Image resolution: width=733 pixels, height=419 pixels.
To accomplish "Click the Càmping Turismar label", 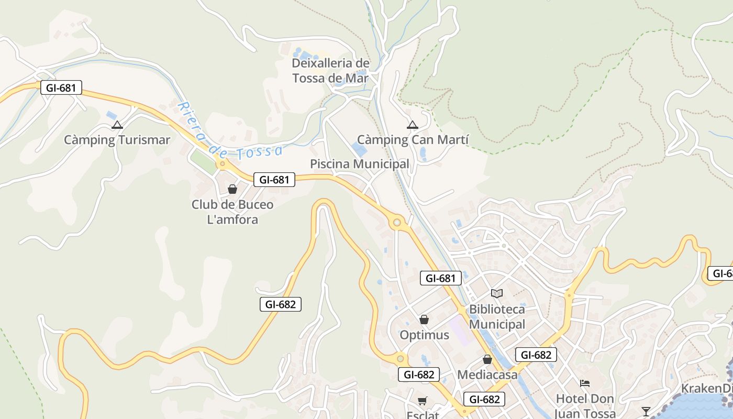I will coord(117,140).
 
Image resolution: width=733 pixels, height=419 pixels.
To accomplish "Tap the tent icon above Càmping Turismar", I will coord(117,125).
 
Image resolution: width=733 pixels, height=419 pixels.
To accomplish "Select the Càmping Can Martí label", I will coord(413,140).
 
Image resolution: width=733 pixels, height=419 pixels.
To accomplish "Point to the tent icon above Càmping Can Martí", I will coord(413,125).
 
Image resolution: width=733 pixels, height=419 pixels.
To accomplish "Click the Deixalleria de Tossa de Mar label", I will coord(330,71).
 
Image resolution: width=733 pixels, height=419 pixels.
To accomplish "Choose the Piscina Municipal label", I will coord(359,164).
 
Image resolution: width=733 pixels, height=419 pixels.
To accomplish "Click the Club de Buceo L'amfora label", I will coord(232,212).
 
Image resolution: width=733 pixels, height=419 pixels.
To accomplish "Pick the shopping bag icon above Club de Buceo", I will coord(232,189).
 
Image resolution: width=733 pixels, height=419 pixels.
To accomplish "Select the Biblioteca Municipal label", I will coord(496,316).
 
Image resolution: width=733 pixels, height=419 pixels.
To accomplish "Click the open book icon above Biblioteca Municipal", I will coord(496,294).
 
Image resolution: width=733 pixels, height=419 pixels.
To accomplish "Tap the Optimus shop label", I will coord(424,335).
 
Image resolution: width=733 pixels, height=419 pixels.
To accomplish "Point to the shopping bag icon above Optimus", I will coord(424,319).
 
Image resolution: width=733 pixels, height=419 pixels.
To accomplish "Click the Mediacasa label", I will coord(487,374).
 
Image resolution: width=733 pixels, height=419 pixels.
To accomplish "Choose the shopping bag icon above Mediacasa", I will coord(487,359).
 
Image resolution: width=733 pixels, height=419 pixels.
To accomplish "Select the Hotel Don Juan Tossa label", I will coord(584,406).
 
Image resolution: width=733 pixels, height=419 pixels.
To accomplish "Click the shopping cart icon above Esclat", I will coord(423,401).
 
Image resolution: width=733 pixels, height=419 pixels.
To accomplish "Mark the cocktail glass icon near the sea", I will coord(646,411).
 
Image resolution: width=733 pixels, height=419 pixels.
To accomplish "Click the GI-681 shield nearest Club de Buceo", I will coord(274,180).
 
